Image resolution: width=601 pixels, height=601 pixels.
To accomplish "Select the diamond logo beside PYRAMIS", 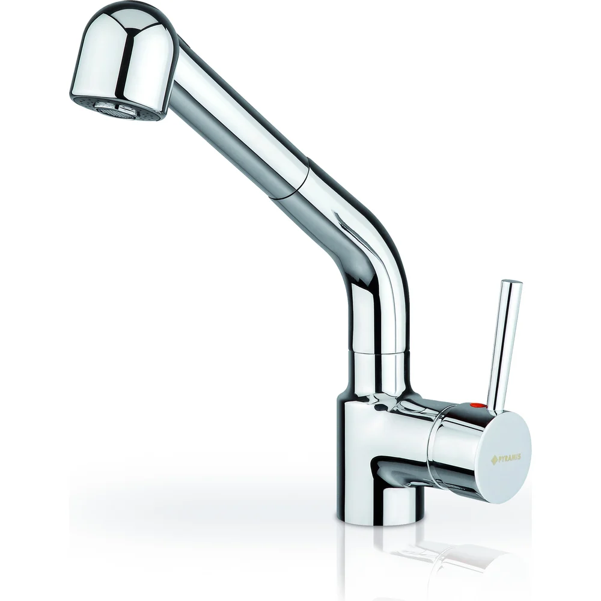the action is (x=494, y=460).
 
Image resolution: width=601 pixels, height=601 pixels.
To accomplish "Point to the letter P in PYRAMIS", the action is (x=499, y=459).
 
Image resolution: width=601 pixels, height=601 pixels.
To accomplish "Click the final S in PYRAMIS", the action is (x=519, y=457).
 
